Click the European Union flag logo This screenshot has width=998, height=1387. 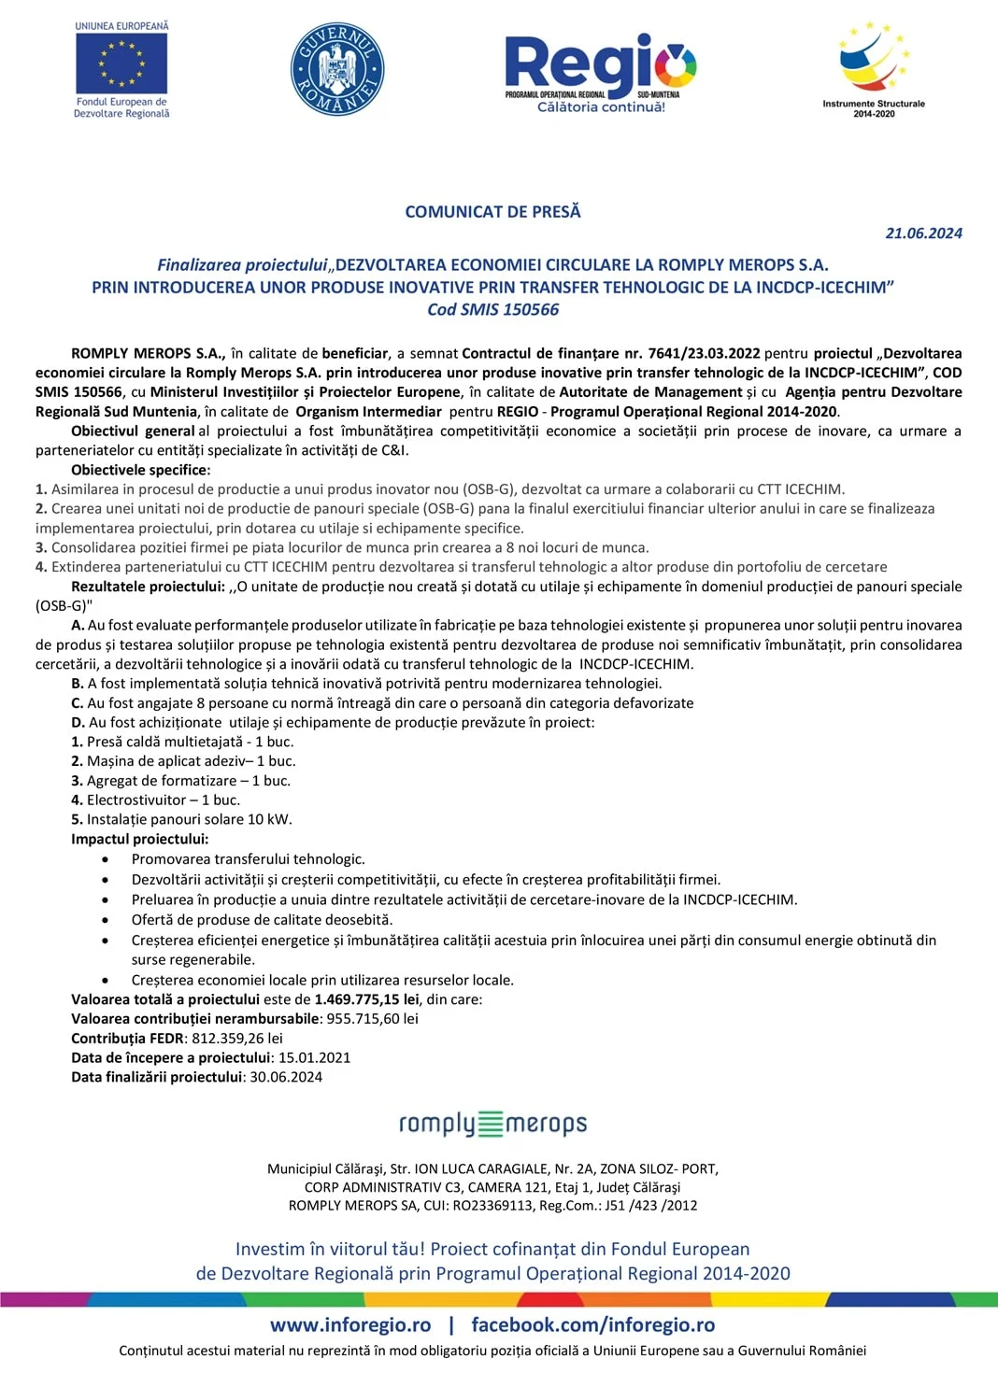pyautogui.click(x=121, y=64)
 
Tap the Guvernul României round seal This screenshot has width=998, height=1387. pyautogui.click(x=337, y=70)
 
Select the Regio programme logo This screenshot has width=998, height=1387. pyautogui.click(x=600, y=73)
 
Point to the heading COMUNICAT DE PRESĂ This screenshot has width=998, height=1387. pyautogui.click(x=492, y=212)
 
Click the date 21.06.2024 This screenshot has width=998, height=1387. pyautogui.click(x=923, y=234)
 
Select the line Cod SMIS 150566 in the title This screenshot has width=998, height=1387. pyautogui.click(x=492, y=310)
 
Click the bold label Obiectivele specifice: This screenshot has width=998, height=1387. pyautogui.click(x=141, y=470)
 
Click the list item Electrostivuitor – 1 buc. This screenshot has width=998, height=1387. pyautogui.click(x=155, y=800)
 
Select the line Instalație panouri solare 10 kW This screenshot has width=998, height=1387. pyautogui.click(x=181, y=819)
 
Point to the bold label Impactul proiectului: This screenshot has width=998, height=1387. pyautogui.click(x=140, y=839)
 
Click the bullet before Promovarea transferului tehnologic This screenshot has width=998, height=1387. pyautogui.click(x=106, y=859)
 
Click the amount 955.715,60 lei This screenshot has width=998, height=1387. pyautogui.click(x=372, y=1019)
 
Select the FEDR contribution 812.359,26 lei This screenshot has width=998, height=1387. pyautogui.click(x=237, y=1039)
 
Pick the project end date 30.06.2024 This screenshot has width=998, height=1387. pyautogui.click(x=286, y=1077)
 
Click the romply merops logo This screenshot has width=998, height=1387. pyautogui.click(x=492, y=1123)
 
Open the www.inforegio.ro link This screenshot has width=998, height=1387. pyautogui.click(x=350, y=1324)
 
